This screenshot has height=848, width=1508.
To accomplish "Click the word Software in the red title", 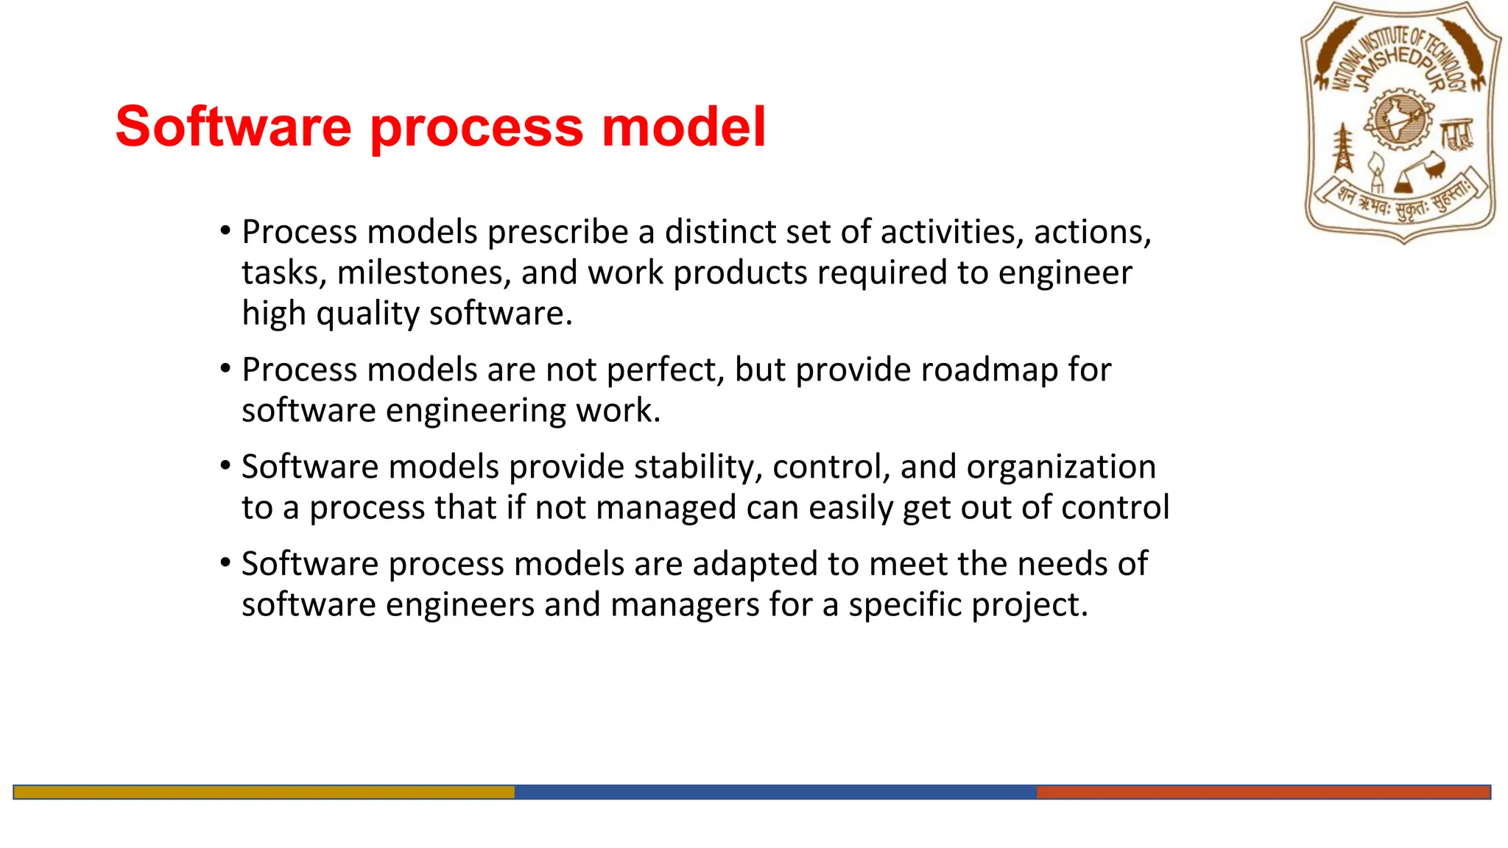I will point(233,127).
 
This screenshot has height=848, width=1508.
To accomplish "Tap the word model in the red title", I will point(684,127).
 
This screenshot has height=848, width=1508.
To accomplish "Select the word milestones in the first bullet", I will point(424,273).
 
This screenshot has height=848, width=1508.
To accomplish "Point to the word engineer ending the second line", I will point(1065,273).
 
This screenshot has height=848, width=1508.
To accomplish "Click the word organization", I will point(1061,467).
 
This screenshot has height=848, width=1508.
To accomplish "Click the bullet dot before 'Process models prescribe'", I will point(225,230).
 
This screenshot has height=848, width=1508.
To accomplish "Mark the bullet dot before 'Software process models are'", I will point(225,562).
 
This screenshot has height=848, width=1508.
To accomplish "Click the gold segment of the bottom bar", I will point(264,792).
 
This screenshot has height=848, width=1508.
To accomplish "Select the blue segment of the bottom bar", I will point(775,792).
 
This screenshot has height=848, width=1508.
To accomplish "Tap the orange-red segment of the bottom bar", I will point(1263,792).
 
